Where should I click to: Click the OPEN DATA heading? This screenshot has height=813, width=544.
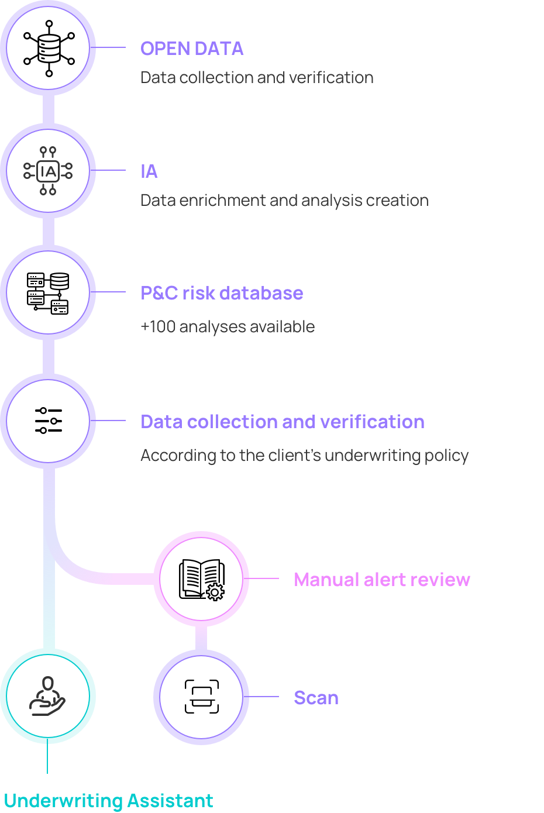click(x=192, y=49)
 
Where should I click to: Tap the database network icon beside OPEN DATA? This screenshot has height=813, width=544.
click(x=49, y=48)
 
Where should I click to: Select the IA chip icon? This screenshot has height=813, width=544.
click(x=49, y=171)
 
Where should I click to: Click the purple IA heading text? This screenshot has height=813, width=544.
click(x=149, y=171)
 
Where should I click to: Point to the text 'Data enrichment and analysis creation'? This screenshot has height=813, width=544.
click(x=284, y=201)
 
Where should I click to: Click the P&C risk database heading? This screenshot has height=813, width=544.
click(x=222, y=293)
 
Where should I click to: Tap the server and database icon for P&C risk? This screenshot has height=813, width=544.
click(x=48, y=293)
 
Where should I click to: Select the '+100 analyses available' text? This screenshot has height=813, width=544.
click(x=228, y=326)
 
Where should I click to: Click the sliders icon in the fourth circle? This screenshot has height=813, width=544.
click(x=49, y=421)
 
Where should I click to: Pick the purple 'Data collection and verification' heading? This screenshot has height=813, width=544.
click(x=283, y=422)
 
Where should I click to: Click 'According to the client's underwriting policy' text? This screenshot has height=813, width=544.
click(x=304, y=455)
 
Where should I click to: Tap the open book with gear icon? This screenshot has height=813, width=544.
click(x=201, y=579)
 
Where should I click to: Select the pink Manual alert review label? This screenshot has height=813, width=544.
click(x=382, y=580)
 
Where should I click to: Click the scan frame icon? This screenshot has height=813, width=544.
click(x=202, y=697)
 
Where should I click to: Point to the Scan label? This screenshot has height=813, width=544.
click(x=316, y=698)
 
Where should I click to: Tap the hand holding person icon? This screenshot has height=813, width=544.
click(x=48, y=697)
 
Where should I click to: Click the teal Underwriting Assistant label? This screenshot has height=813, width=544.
click(x=108, y=800)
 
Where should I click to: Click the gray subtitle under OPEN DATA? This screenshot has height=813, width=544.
click(x=257, y=78)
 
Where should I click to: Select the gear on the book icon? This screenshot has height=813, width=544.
click(x=215, y=592)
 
